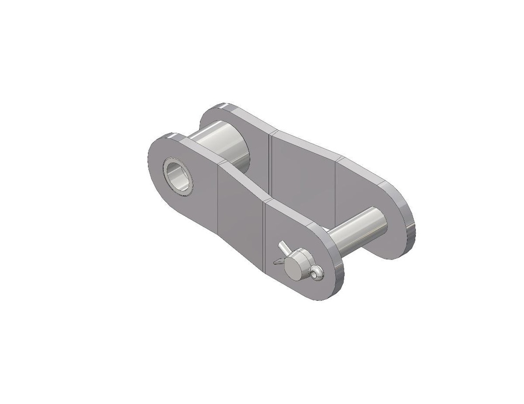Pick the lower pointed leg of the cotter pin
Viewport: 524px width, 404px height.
point(277,262)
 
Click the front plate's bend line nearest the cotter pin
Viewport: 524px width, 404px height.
point(265,235)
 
